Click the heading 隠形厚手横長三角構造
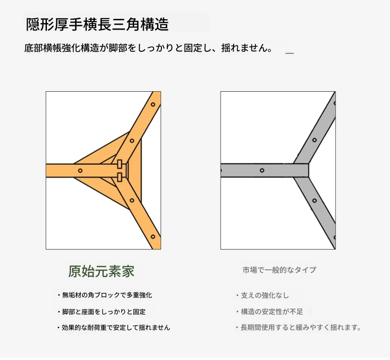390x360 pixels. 97,24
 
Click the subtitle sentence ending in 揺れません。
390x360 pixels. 149,48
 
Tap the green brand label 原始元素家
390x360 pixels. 101,271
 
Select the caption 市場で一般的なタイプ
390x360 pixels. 279,270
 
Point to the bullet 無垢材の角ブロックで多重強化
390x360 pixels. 105,295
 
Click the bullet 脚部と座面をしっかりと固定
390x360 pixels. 102,312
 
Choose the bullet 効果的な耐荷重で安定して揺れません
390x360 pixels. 114,327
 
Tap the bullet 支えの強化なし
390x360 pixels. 263,295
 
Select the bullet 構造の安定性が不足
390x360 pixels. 270,312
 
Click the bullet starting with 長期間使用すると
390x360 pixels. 299,327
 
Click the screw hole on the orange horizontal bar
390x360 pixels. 80,171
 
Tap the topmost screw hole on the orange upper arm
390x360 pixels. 153,105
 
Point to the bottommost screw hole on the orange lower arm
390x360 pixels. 153,237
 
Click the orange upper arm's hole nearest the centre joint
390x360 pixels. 132,141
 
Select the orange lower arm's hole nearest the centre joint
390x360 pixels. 132,200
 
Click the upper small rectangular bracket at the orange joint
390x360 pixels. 119,164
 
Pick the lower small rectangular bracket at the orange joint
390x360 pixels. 119,177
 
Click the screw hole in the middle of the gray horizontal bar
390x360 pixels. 262,171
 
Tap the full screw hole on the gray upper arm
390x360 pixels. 314,140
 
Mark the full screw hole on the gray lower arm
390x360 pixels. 314,201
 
